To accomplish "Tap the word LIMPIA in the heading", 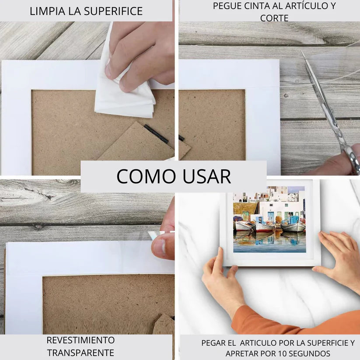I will (x=45, y=11).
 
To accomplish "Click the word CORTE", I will (x=274, y=18).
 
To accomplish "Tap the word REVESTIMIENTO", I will (x=80, y=340).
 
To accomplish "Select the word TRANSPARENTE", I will (x=80, y=353).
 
